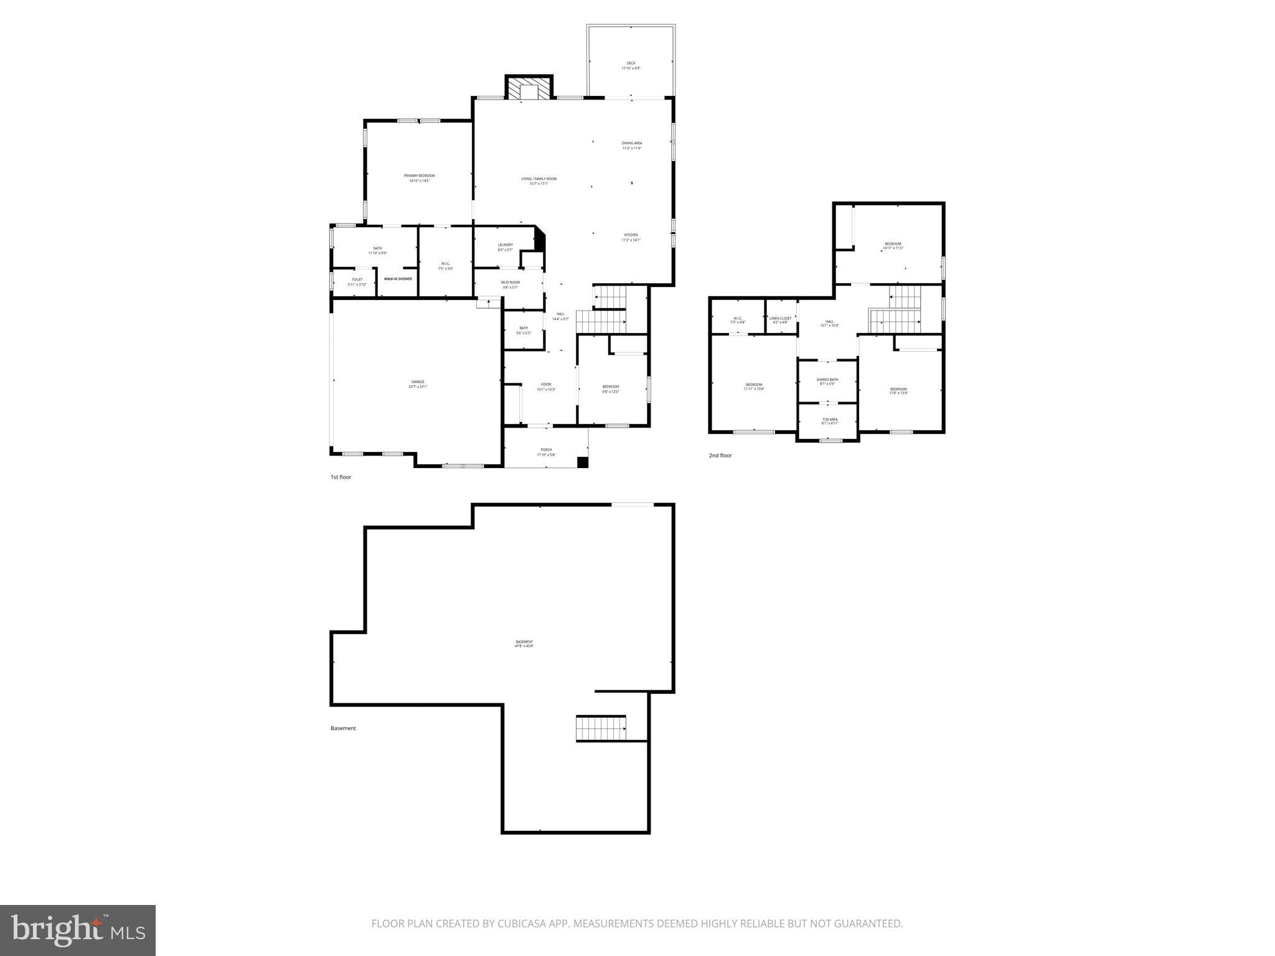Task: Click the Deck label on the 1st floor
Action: click(x=631, y=65)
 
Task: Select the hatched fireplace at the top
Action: click(x=529, y=88)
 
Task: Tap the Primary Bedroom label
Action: click(x=419, y=178)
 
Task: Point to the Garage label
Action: click(x=418, y=384)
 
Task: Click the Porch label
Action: click(x=546, y=452)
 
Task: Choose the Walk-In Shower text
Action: click(x=398, y=279)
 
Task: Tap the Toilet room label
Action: click(x=357, y=282)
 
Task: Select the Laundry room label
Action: click(x=505, y=247)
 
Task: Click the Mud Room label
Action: click(x=510, y=284)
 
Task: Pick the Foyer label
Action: click(x=546, y=387)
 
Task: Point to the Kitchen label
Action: click(x=631, y=237)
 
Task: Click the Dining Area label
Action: click(x=631, y=146)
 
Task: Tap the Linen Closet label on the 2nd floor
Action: click(x=780, y=320)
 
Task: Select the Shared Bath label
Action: click(x=827, y=382)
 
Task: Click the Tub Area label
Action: click(x=830, y=421)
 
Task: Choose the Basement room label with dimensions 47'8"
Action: click(x=524, y=644)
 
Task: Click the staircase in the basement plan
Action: click(x=601, y=728)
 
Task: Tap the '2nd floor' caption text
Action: click(x=720, y=456)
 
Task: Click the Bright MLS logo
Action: click(x=78, y=930)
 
